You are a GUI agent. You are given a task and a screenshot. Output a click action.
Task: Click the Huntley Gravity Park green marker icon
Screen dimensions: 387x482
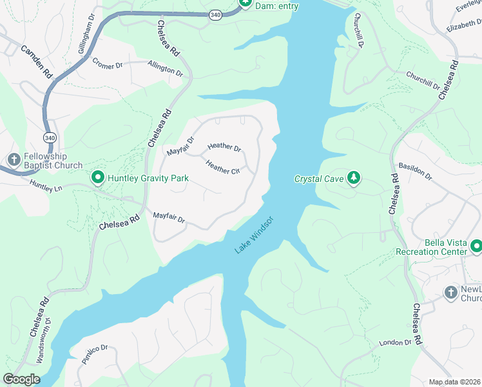[x=98, y=177]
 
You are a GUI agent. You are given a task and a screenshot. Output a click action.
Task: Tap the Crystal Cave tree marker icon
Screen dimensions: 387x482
[x=353, y=177]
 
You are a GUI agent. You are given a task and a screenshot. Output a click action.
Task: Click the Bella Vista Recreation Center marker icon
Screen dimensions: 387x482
[x=476, y=246]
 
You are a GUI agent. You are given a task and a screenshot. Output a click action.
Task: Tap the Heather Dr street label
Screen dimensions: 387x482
[x=224, y=148]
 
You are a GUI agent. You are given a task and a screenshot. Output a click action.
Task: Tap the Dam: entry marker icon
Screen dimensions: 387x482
[x=246, y=4]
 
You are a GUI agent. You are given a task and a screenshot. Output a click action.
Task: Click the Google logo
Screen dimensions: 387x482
[x=21, y=379]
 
